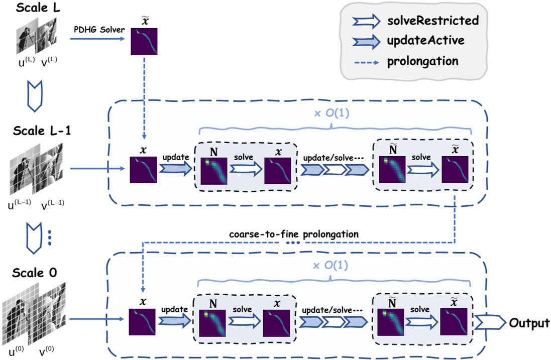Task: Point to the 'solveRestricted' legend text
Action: (433, 21)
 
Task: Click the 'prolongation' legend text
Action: (422, 61)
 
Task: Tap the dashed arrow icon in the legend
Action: (366, 61)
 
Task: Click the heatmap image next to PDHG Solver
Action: (144, 42)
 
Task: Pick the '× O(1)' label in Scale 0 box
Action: (331, 264)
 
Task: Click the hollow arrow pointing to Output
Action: (489, 322)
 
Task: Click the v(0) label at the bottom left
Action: (48, 351)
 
